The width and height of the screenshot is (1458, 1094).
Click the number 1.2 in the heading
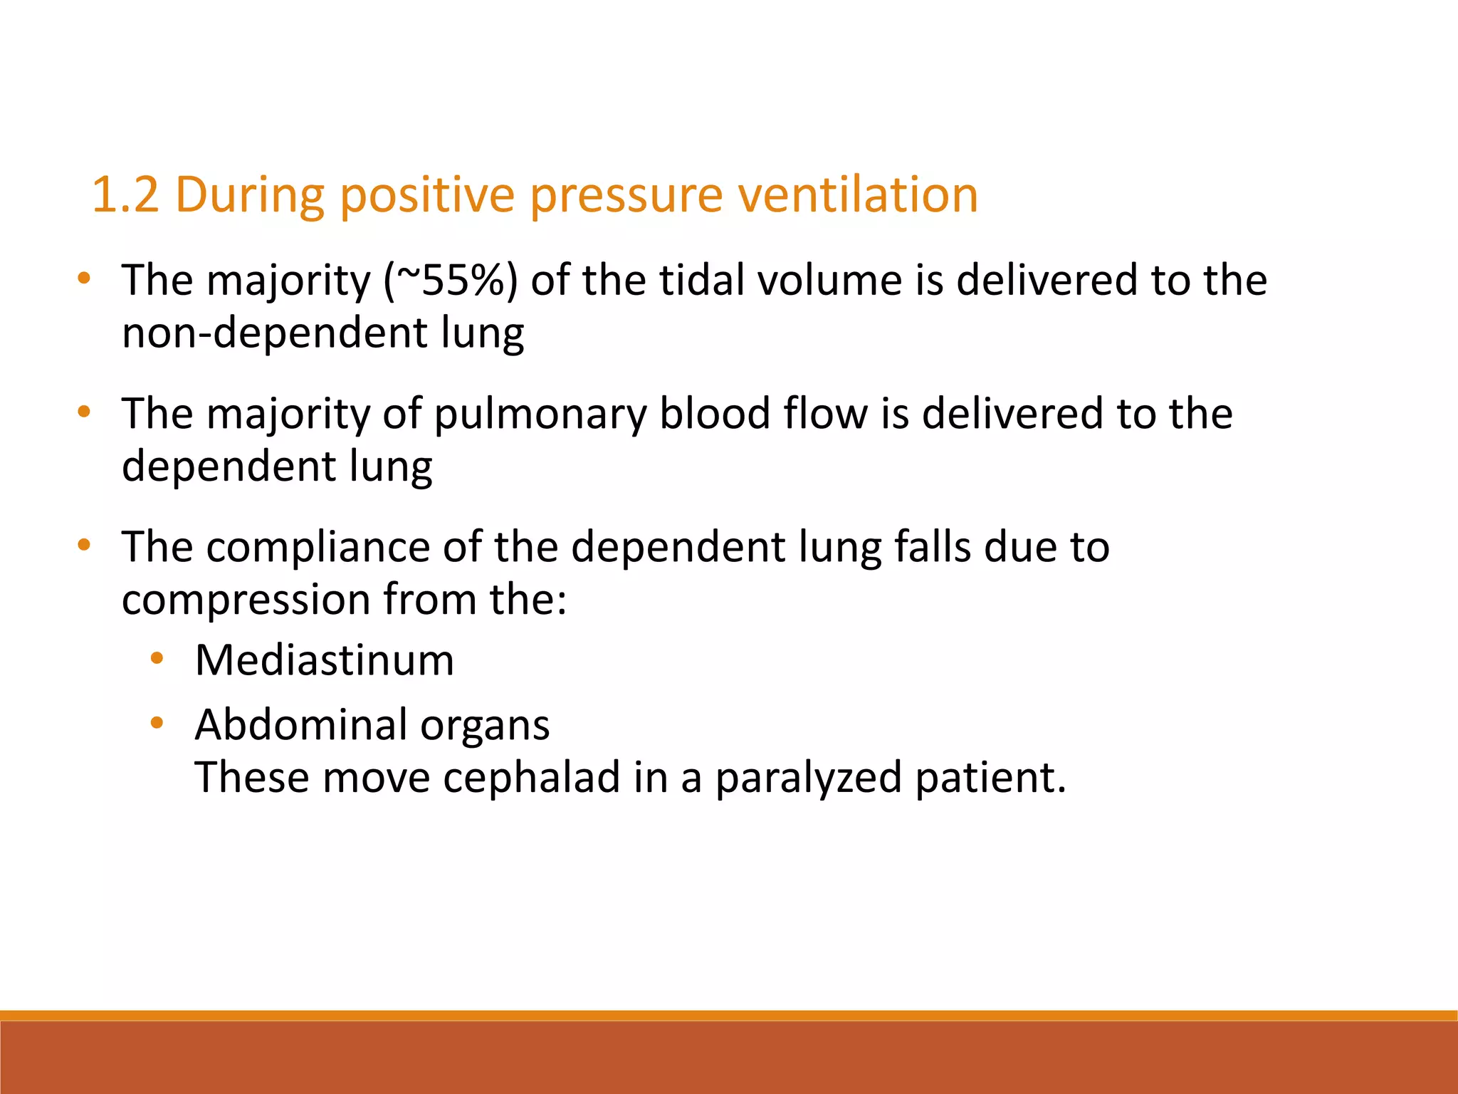point(125,194)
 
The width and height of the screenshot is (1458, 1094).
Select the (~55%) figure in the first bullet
point(450,281)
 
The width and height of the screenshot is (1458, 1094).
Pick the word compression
point(246,600)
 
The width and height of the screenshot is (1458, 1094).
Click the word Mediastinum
point(324,660)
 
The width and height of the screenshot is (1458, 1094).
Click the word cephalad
point(531,777)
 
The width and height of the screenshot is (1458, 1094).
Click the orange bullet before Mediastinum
point(157,659)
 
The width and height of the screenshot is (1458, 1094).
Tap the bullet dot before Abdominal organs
point(157,724)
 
